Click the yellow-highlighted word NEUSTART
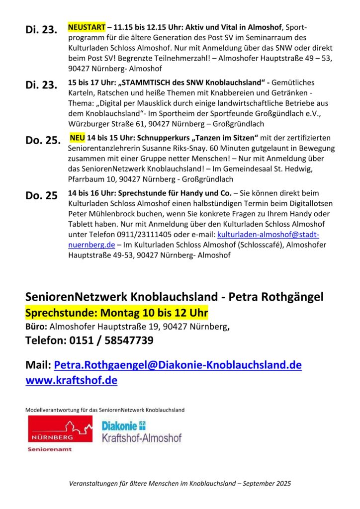pos(86,26)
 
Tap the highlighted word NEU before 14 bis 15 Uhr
pos(78,137)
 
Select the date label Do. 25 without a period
pos(41,195)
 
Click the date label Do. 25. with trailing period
pos(43,140)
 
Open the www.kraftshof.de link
pos(71,380)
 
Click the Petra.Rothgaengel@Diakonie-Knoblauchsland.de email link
pos(178,365)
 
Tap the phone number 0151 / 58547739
pos(115,340)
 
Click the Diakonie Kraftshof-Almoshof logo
pos(141,431)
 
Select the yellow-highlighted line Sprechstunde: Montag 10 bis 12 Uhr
pos(116,314)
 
